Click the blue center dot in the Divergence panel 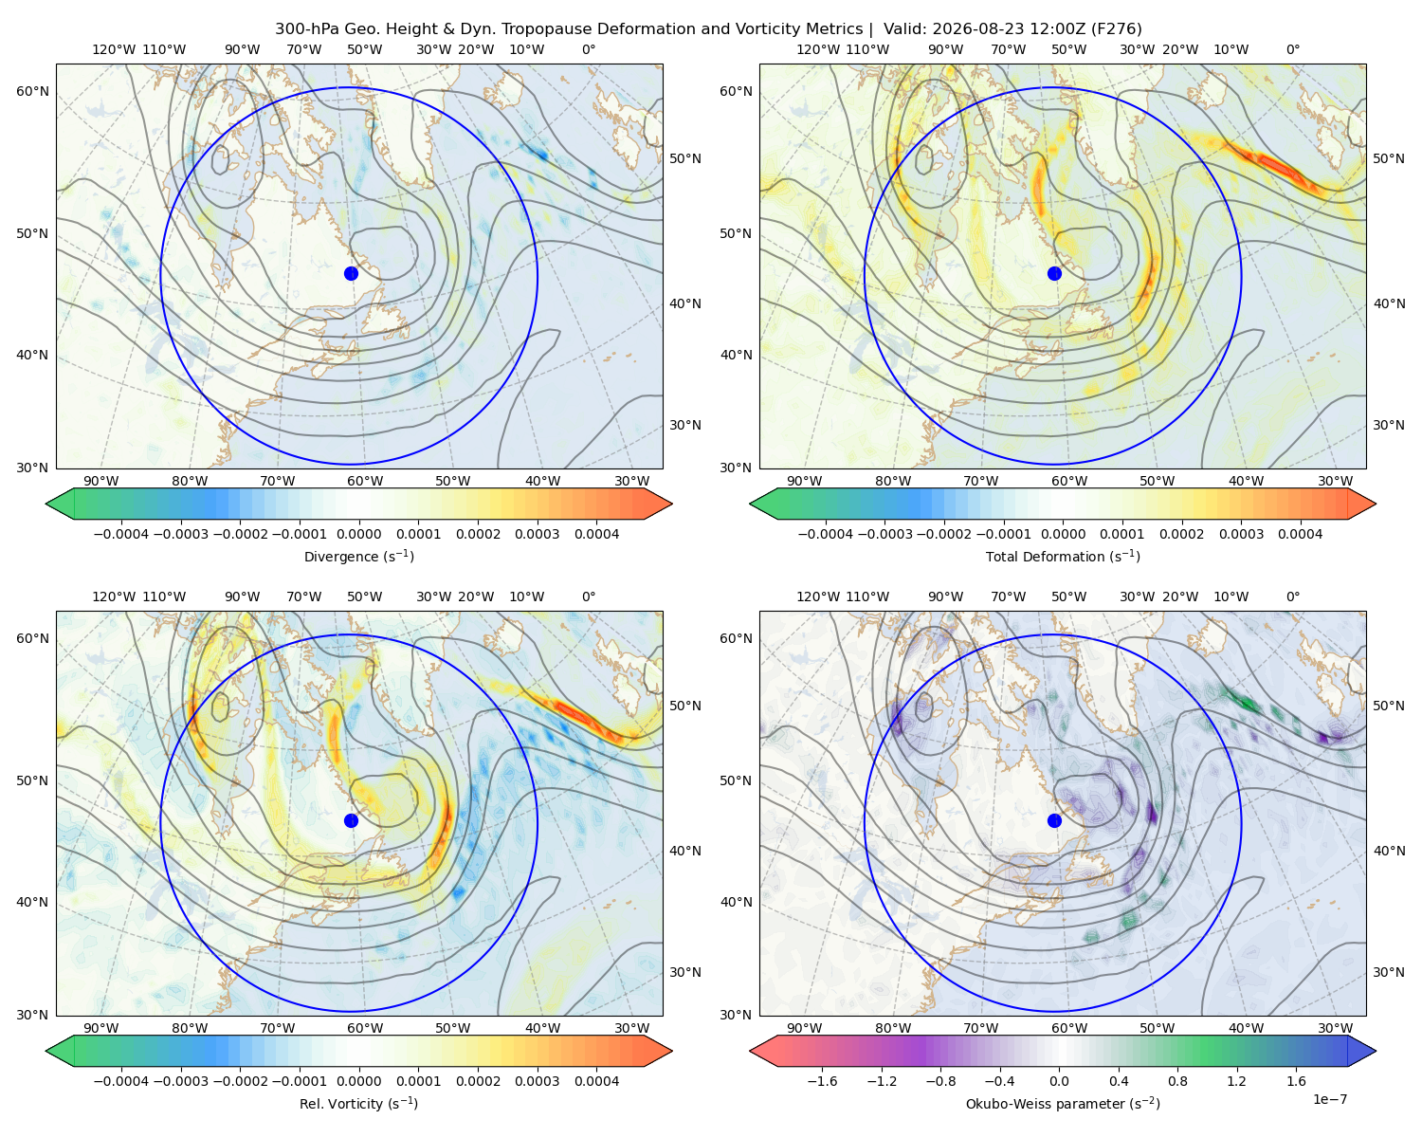(x=351, y=274)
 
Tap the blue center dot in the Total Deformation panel (x=1054, y=274)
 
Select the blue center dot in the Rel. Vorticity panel (x=351, y=820)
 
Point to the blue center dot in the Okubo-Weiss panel (x=1054, y=820)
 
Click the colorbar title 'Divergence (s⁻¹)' (x=358, y=557)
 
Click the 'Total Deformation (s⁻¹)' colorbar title (x=1063, y=557)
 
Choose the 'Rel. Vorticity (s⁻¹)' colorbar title (x=358, y=1104)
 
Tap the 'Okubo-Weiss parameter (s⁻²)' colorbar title (x=1063, y=1104)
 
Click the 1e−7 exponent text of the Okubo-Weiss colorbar (x=1329, y=1099)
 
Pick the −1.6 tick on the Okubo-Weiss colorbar (x=823, y=1081)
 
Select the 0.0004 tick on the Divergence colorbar (x=596, y=534)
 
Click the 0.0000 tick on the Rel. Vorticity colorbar (x=358, y=1081)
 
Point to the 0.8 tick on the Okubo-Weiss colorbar (x=1177, y=1081)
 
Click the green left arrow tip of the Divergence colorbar (x=46, y=505)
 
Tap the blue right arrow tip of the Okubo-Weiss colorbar (x=1376, y=1052)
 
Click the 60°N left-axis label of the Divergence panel (x=32, y=91)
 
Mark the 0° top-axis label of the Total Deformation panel (x=1292, y=49)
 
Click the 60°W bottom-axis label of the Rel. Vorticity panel (x=365, y=1028)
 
